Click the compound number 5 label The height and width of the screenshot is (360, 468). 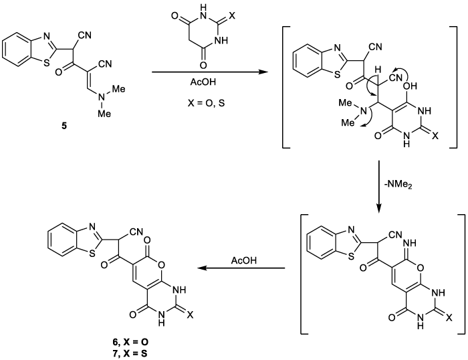tap(64, 126)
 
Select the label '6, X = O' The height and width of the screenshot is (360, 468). tap(128, 342)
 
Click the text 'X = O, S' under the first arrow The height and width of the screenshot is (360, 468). tap(206, 103)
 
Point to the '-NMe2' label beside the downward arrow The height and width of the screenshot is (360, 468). tap(398, 185)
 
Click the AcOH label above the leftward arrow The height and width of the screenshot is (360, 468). tap(243, 260)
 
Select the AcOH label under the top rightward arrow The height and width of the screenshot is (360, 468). tap(203, 82)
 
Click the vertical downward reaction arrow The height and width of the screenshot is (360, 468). tap(379, 187)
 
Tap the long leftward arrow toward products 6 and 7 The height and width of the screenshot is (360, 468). tap(241, 268)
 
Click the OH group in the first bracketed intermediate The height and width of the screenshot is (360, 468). tap(410, 86)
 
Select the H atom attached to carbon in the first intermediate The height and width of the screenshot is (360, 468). tap(378, 70)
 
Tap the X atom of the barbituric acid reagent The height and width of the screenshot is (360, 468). tap(232, 15)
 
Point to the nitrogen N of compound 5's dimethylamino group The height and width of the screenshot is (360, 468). tap(102, 96)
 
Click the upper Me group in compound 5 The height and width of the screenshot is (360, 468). tap(118, 89)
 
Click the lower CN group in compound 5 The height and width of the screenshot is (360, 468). tap(105, 64)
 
